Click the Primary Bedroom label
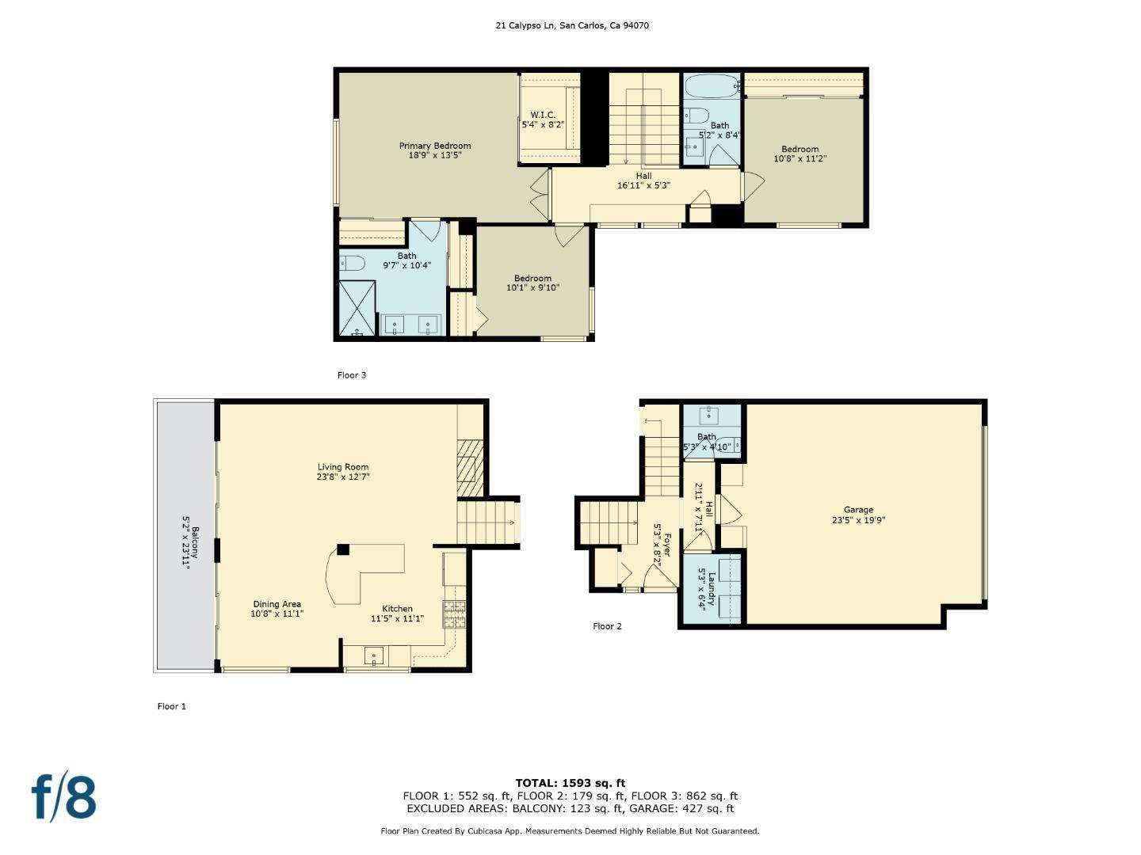point(434,146)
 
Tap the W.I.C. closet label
point(543,116)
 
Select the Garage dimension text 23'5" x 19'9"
point(858,521)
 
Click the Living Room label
point(343,467)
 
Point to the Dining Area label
point(277,604)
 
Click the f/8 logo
point(63,797)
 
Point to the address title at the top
point(572,25)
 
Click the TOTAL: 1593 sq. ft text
point(570,783)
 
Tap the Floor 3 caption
point(352,375)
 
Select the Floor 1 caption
point(171,706)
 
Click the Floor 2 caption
point(607,626)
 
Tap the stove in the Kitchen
point(454,613)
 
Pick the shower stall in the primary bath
point(357,307)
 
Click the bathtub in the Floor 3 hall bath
point(711,85)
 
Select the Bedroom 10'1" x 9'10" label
point(532,283)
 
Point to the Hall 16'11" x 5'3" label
point(643,180)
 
